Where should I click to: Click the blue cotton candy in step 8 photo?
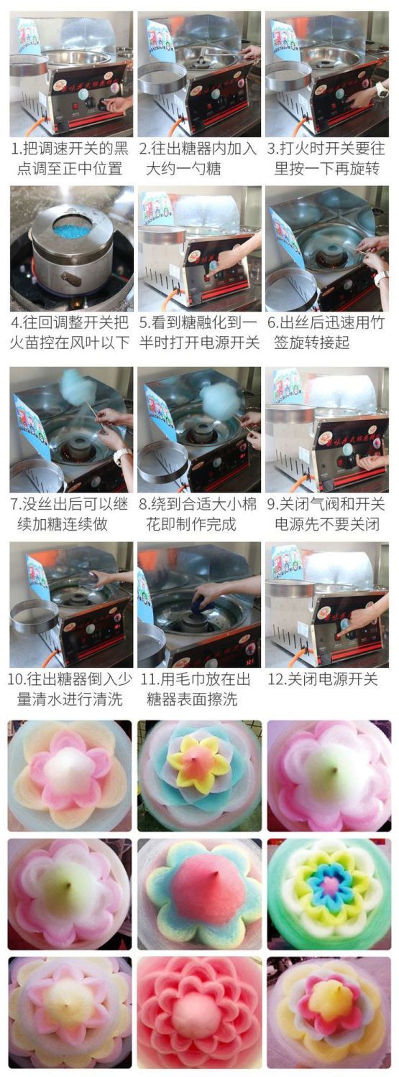click(217, 396)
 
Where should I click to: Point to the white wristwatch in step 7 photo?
click(121, 454)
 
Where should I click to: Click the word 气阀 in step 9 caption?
click(326, 503)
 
